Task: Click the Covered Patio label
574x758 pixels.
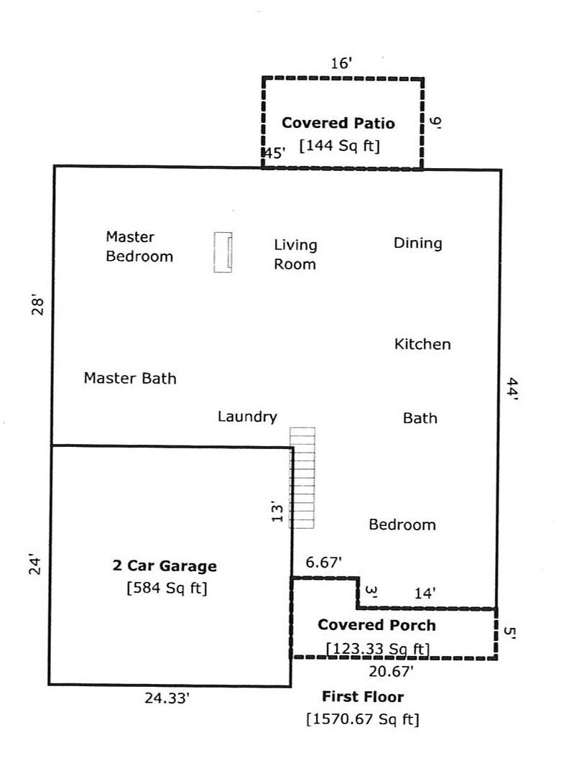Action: pos(338,123)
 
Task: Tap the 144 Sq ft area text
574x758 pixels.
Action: pos(339,145)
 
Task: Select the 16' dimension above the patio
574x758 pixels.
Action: pos(341,64)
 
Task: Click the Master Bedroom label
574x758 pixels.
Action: pos(139,246)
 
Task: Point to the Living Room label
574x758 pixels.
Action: pos(295,254)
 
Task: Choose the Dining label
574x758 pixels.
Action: pos(417,243)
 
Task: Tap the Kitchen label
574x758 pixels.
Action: pos(422,344)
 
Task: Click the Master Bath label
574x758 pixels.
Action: pos(130,378)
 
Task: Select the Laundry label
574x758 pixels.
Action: pos(247,417)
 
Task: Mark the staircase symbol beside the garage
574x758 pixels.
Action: pos(302,478)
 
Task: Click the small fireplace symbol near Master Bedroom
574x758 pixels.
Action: pos(223,252)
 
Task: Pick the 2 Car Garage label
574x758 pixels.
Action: pos(165,566)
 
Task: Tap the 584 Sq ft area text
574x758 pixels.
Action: pos(166,588)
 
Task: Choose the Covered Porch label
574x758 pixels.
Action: pos(376,625)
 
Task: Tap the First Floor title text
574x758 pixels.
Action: pos(363,697)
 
